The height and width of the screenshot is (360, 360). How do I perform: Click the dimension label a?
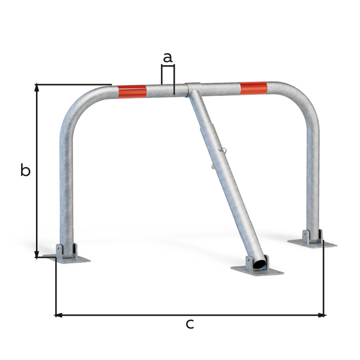point(168,58)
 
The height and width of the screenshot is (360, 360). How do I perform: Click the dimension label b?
point(25,170)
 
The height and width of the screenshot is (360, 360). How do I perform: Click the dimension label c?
point(190,325)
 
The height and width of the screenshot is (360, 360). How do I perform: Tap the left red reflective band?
point(132,92)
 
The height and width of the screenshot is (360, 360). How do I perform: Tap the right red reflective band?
point(253,89)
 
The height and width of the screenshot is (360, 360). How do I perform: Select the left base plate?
point(67,259)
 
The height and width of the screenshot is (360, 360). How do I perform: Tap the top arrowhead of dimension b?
point(37,87)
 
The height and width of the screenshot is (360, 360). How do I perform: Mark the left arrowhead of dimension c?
point(58,314)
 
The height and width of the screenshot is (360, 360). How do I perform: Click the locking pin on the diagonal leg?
point(223,150)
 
